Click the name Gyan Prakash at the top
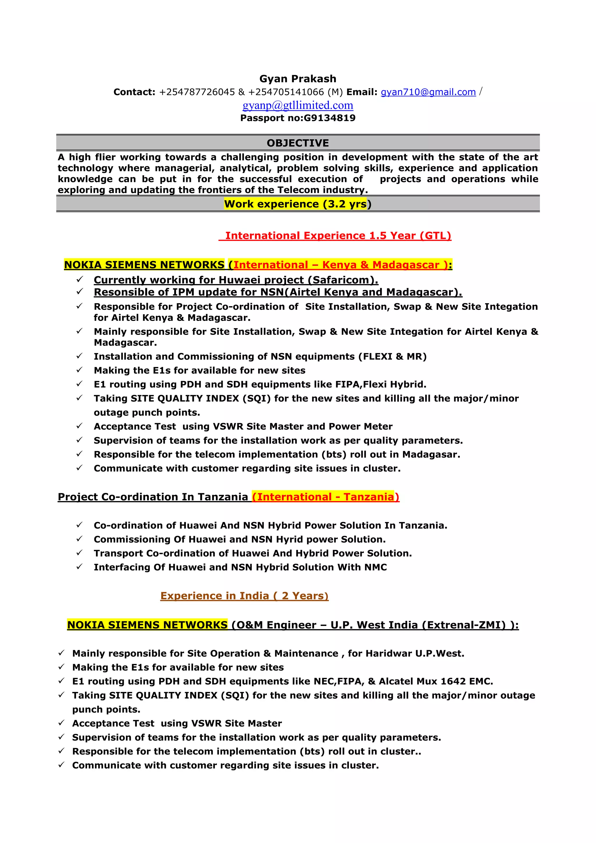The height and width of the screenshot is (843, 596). point(297,79)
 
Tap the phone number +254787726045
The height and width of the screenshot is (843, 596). point(196,92)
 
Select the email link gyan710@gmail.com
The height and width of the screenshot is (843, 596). point(428,92)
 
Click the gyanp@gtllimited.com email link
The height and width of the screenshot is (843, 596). point(297,105)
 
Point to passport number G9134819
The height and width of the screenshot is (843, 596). point(329,118)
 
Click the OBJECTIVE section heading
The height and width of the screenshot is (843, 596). point(297,143)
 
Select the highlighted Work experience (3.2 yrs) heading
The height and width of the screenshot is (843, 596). point(295,204)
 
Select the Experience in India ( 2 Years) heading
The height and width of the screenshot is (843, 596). point(244,596)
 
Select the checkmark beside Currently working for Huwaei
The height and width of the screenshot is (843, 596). point(79,280)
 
